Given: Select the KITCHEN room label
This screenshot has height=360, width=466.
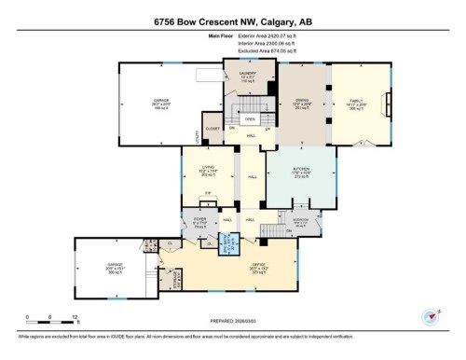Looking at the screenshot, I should point(300,171).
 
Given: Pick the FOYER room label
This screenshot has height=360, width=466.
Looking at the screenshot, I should point(200,223).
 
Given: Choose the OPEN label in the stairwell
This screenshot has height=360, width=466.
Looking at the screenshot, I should point(249,119).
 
